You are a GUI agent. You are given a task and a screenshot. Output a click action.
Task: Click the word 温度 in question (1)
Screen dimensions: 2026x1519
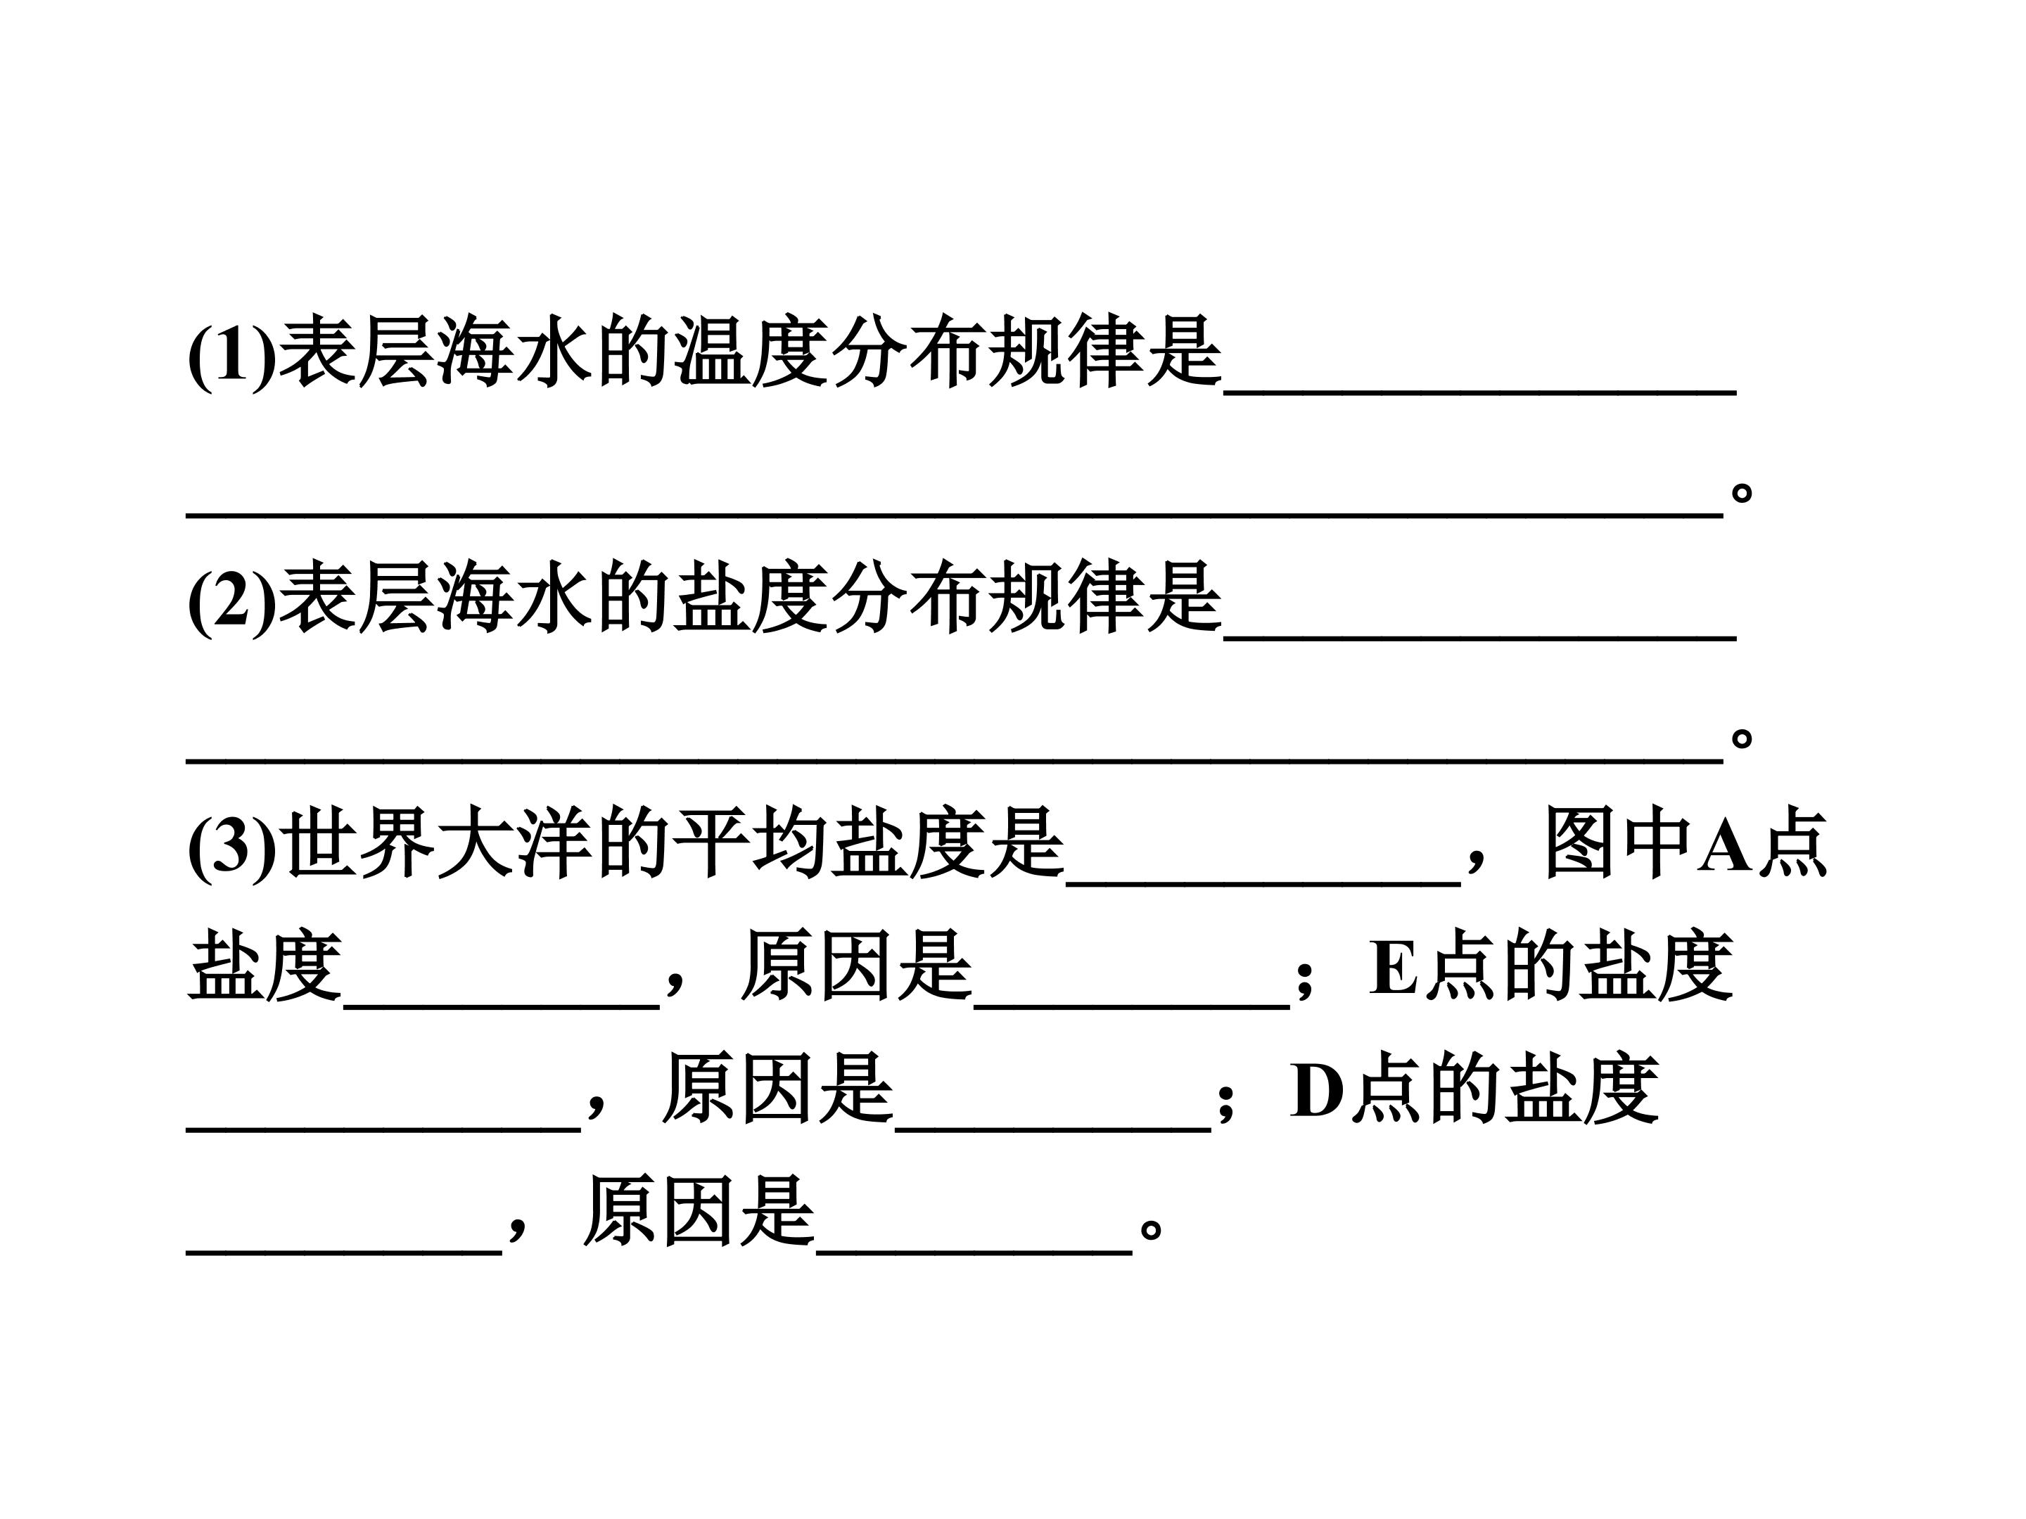pyautogui.click(x=752, y=352)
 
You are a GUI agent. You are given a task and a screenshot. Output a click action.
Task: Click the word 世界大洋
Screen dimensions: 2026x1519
pyautogui.click(x=437, y=843)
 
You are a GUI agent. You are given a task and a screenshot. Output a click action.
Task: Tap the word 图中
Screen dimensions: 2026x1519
pyautogui.click(x=1617, y=843)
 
